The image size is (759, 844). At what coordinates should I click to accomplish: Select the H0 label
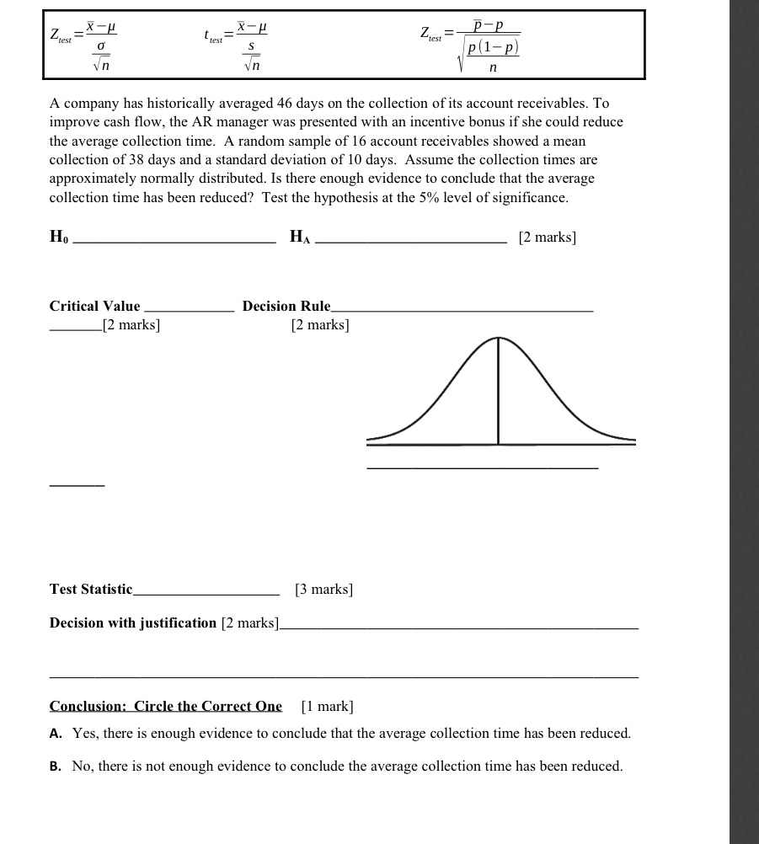(x=59, y=238)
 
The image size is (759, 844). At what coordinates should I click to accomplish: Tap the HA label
(x=300, y=238)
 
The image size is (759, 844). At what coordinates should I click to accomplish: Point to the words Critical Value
(x=95, y=307)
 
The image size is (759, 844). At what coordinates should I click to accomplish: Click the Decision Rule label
(x=286, y=307)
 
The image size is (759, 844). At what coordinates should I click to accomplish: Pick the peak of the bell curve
(x=498, y=338)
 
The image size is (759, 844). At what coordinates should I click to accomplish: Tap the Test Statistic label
(x=91, y=590)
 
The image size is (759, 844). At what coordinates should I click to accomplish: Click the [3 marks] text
(x=323, y=590)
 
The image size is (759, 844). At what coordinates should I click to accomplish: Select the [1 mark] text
(x=327, y=706)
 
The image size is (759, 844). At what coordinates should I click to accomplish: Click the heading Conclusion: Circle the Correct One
(x=166, y=706)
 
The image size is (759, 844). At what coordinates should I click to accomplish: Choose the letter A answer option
(x=56, y=734)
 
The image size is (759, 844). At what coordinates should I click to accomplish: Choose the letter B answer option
(x=56, y=767)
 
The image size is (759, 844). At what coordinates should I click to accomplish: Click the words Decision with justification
(x=133, y=623)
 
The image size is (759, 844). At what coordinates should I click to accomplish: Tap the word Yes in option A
(x=86, y=734)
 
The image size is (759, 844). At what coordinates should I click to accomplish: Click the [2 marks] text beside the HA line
(x=548, y=238)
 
